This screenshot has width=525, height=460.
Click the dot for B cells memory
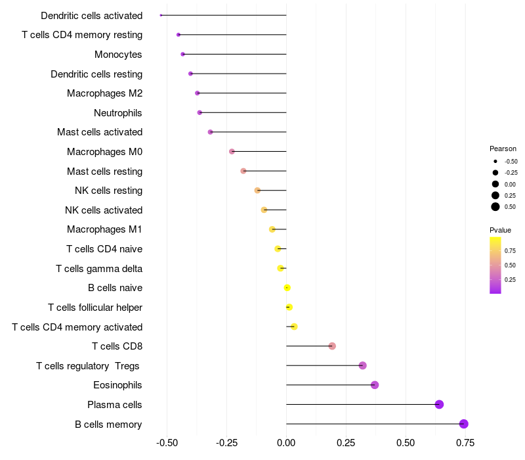(x=464, y=424)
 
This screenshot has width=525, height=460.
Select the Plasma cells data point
(x=440, y=404)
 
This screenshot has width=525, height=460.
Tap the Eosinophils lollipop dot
(x=375, y=385)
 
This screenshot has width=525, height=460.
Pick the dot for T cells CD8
(x=332, y=346)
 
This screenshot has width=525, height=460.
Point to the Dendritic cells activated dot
(x=161, y=15)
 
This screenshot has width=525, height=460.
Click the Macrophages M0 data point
(x=232, y=152)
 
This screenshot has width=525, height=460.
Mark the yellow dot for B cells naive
(x=287, y=288)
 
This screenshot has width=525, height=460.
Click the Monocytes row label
(x=118, y=55)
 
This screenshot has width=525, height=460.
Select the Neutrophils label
(x=118, y=113)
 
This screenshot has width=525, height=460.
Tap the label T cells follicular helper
(x=95, y=308)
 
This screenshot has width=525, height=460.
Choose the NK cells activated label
(x=104, y=210)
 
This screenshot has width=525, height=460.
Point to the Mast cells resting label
(x=104, y=172)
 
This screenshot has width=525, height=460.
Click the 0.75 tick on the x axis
(x=466, y=442)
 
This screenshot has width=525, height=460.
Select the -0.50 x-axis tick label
(x=167, y=442)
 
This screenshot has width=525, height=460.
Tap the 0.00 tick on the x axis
(x=287, y=442)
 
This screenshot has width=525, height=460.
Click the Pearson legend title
(x=503, y=149)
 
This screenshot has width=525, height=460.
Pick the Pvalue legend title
(x=500, y=230)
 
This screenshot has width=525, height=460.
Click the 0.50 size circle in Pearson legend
(x=495, y=207)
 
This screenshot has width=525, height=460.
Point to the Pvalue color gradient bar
(x=495, y=265)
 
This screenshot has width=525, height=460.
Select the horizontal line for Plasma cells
(x=361, y=404)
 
